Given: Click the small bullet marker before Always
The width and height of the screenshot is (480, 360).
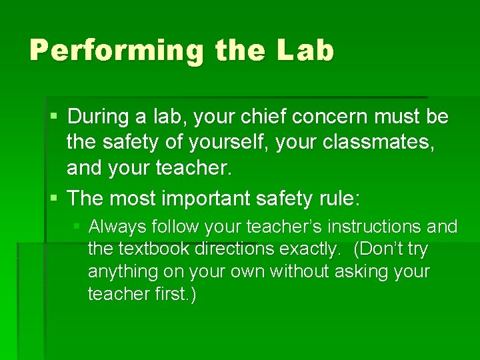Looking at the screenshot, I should tap(77, 227).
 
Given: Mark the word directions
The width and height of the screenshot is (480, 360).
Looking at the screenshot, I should tap(230, 250).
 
